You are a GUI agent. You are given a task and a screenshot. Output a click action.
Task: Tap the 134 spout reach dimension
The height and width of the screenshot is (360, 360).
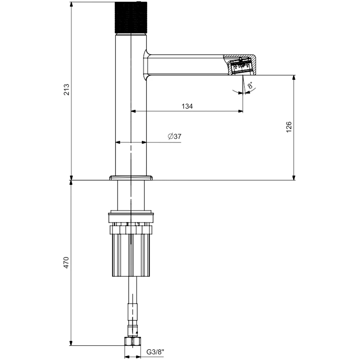[x=187, y=106]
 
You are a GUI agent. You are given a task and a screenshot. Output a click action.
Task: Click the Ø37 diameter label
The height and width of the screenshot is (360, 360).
[x=174, y=136]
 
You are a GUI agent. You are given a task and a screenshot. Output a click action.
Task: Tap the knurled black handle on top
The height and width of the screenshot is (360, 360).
[x=131, y=17]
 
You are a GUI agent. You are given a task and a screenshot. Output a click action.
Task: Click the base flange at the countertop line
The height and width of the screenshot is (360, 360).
[x=131, y=177]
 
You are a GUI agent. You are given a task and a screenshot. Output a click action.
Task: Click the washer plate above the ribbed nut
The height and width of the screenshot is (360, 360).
[x=131, y=217]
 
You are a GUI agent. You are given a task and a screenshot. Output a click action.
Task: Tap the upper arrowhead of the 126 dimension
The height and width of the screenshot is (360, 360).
[x=294, y=77]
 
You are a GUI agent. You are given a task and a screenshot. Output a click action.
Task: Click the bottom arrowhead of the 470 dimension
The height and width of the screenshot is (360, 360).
[x=72, y=343]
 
